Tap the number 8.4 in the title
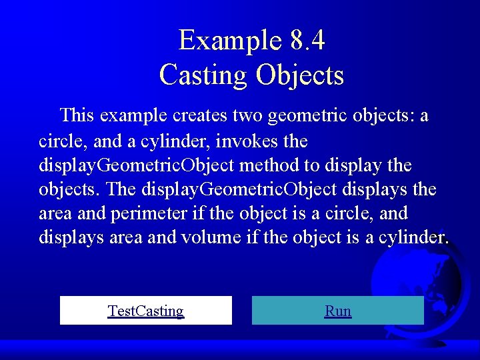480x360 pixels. click(307, 41)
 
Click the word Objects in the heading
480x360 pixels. click(299, 75)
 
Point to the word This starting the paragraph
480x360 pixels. click(77, 115)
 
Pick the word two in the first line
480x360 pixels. click(247, 115)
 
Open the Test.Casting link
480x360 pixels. click(146, 311)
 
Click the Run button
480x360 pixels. click(338, 311)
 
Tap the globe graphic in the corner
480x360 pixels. click(427, 293)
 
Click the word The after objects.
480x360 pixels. click(121, 189)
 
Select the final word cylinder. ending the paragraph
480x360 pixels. click(414, 237)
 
